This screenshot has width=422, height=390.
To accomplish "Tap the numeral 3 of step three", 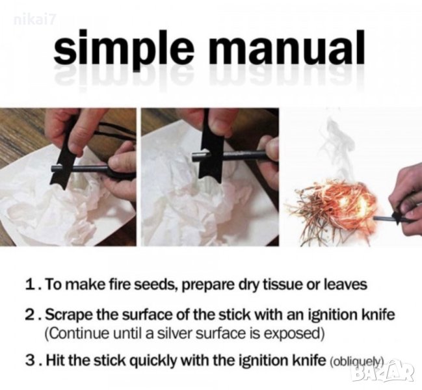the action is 29,361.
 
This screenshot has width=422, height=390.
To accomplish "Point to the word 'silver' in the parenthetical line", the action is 178,334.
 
